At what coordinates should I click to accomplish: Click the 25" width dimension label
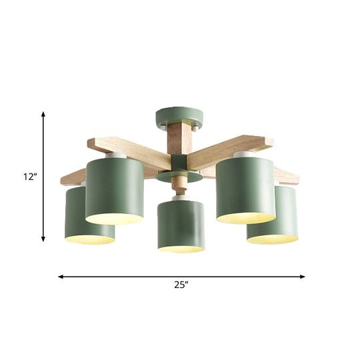180,285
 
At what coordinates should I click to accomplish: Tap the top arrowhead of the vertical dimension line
44,115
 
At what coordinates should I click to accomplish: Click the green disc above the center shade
181,179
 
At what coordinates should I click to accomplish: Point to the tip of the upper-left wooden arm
93,142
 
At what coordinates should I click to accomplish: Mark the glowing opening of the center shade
181,249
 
